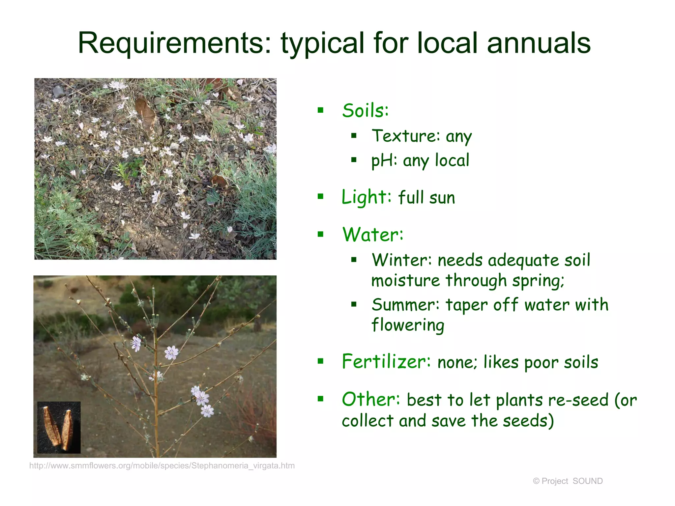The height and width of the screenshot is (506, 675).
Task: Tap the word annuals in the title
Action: [x=539, y=43]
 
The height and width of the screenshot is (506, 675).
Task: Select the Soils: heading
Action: [x=365, y=110]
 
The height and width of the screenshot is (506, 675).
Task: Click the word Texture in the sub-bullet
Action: [x=405, y=136]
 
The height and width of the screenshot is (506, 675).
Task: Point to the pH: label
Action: [x=384, y=161]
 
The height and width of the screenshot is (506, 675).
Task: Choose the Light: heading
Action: [x=366, y=197]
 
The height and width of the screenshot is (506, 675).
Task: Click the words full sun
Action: [x=426, y=198]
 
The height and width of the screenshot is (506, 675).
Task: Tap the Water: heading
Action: [x=372, y=235]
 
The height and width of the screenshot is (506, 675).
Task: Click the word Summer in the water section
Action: [x=405, y=305]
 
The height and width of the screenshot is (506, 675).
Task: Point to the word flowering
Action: [x=408, y=325]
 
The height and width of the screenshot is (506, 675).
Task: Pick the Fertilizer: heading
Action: [x=386, y=362]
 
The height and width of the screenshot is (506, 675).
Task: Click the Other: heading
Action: [x=371, y=400]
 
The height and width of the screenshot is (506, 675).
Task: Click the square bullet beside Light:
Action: [x=320, y=197]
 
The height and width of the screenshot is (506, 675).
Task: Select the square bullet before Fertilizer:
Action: [x=320, y=361]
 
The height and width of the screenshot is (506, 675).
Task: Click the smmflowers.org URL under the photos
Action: [x=162, y=465]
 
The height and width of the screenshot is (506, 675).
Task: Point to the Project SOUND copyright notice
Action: [x=568, y=481]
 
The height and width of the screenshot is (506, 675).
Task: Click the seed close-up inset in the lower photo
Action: [x=59, y=427]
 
